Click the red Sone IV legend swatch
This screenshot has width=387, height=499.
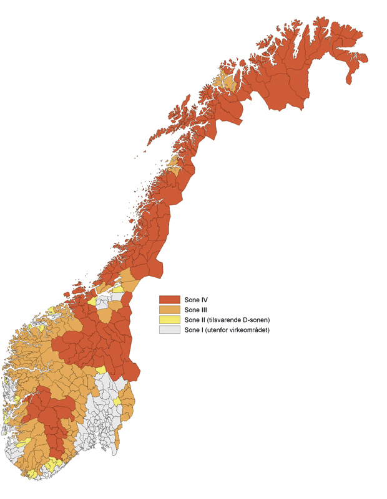(169, 300)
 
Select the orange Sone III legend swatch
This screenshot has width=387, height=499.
(169, 310)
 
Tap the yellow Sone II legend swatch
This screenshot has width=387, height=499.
(169, 320)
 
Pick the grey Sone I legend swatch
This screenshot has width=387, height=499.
(169, 330)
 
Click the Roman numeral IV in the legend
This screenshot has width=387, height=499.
(203, 300)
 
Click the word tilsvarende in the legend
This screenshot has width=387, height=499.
(225, 320)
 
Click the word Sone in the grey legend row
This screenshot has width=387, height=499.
(190, 330)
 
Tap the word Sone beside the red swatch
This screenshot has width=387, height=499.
(190, 300)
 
